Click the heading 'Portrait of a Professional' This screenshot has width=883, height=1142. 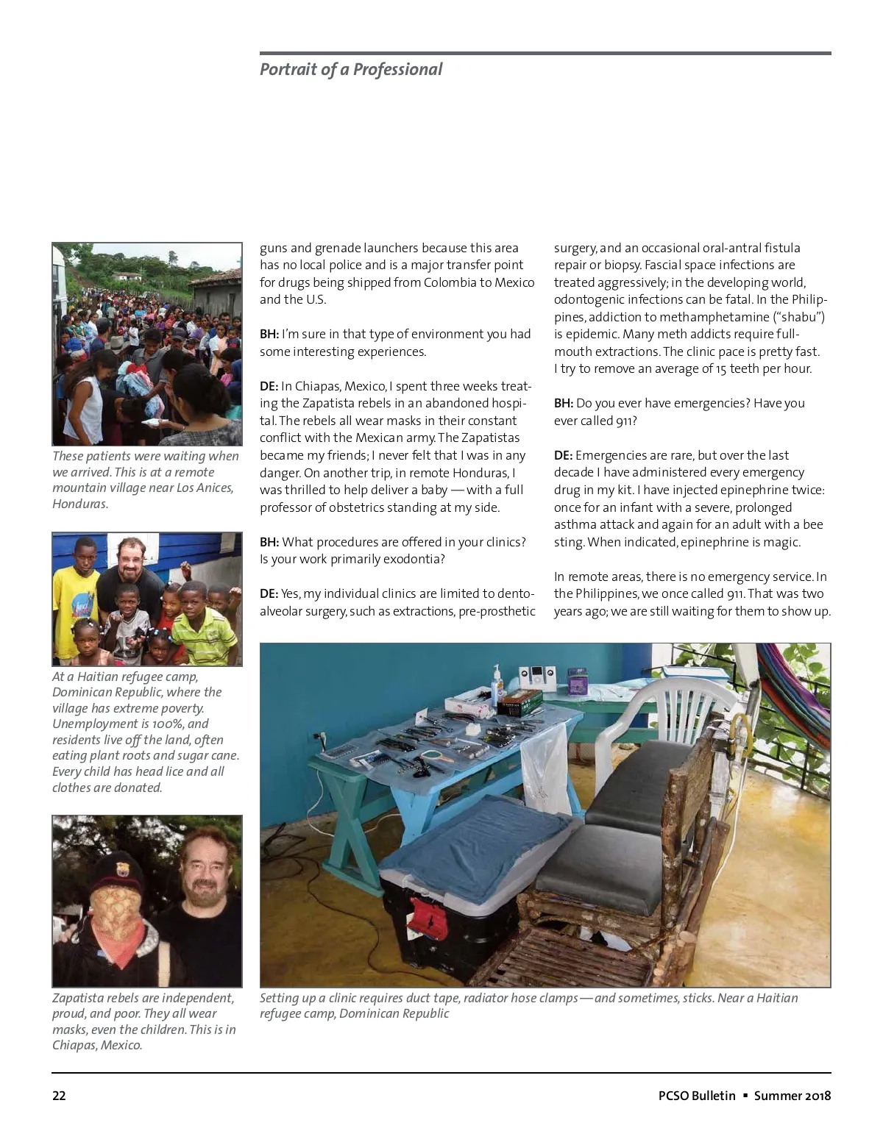coord(351,70)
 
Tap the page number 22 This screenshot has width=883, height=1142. coord(59,1096)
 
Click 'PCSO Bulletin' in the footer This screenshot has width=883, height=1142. coord(697,1096)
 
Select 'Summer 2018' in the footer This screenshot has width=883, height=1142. coord(792,1096)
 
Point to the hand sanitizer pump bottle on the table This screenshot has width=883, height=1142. coord(497,680)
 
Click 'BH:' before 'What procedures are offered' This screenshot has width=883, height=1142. coord(269,542)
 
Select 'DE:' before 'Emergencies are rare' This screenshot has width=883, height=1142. coord(563,455)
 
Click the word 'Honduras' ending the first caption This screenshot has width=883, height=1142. coord(79,504)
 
